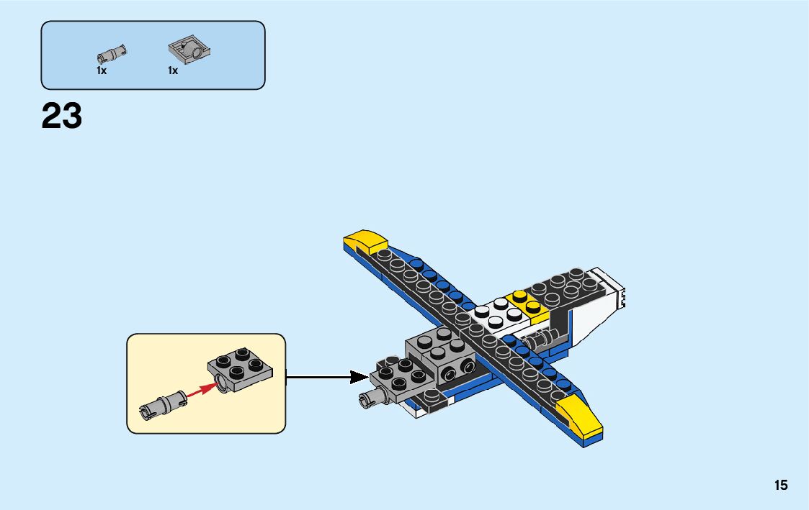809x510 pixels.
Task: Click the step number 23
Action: (x=62, y=116)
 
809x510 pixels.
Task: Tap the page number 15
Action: (x=781, y=486)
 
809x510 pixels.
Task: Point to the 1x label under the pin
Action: (x=102, y=71)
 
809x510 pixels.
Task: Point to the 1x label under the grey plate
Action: (x=173, y=71)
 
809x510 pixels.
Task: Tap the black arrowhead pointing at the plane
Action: (x=359, y=377)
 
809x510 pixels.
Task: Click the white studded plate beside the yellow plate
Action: (x=496, y=314)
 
